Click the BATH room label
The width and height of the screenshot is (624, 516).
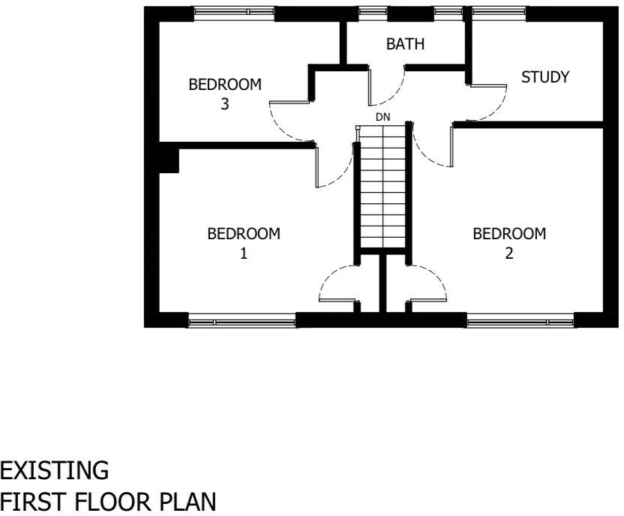click(x=405, y=45)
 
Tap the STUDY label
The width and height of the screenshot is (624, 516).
click(x=545, y=77)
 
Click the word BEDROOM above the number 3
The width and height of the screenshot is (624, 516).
click(x=225, y=85)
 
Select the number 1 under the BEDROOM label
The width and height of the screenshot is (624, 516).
click(x=243, y=253)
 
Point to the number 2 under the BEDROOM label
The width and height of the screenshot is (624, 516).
click(x=508, y=253)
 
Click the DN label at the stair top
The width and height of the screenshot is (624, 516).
click(x=383, y=118)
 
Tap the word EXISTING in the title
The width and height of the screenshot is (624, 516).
click(x=55, y=471)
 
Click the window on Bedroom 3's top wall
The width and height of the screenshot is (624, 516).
click(x=233, y=13)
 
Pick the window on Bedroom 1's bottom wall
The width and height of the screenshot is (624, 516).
click(x=241, y=322)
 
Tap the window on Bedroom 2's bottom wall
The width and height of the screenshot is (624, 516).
click(x=520, y=322)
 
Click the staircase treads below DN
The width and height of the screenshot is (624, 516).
click(x=383, y=187)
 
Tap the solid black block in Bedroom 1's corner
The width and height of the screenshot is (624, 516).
click(x=168, y=160)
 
